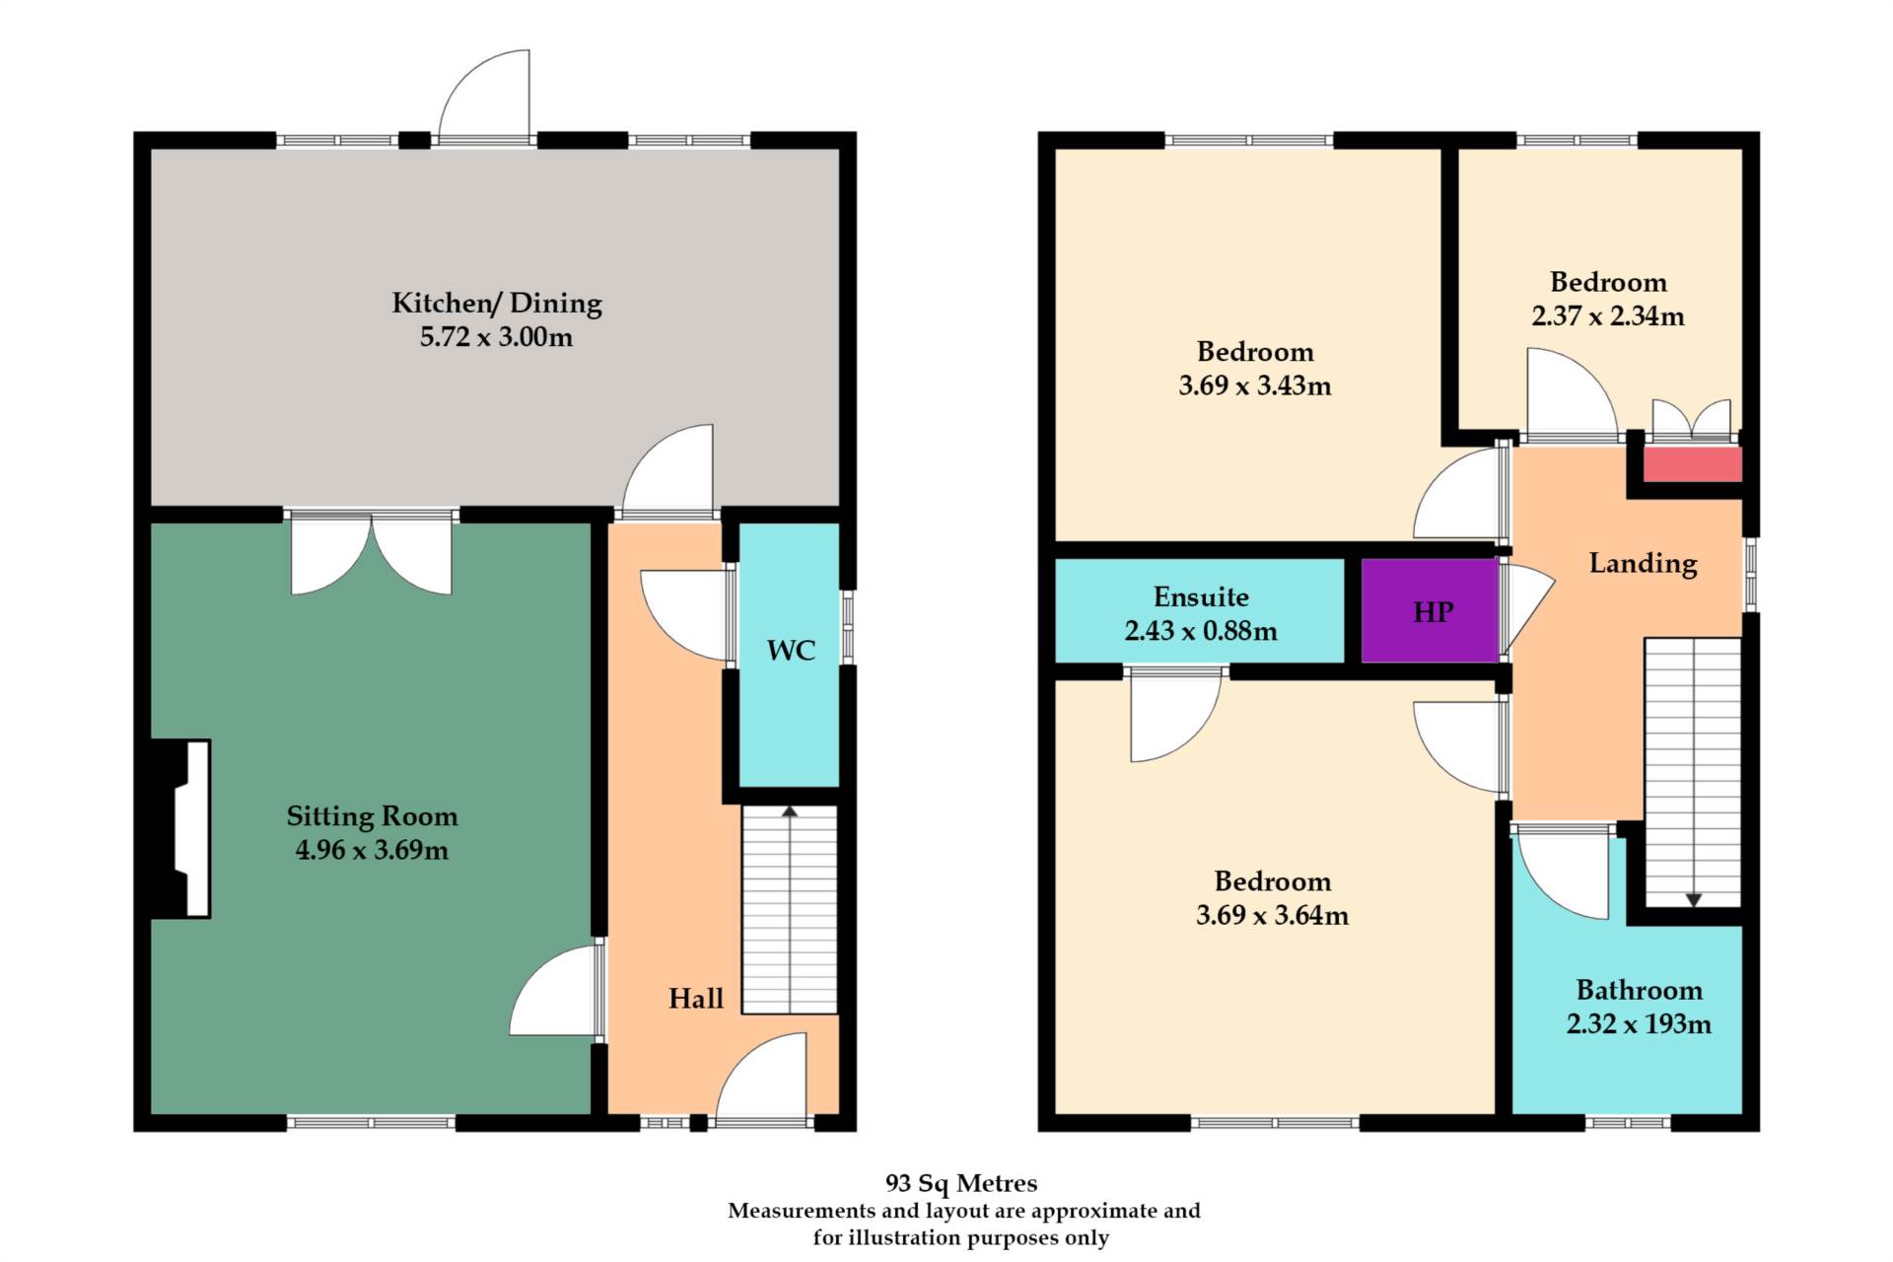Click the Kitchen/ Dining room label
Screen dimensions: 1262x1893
click(x=497, y=303)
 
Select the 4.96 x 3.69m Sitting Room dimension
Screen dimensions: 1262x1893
click(x=372, y=850)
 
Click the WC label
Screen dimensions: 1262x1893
click(x=791, y=651)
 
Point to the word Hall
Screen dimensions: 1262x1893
click(x=696, y=999)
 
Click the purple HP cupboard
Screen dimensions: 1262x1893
click(x=1431, y=611)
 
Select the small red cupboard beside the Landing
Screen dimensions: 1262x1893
click(x=1692, y=464)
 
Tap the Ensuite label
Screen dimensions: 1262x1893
click(x=1201, y=596)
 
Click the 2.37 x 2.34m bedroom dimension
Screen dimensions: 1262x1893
click(x=1608, y=316)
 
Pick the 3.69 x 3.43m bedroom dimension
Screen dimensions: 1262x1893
click(x=1255, y=386)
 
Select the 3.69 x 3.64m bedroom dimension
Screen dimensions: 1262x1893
click(x=1272, y=915)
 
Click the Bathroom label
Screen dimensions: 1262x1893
click(x=1639, y=990)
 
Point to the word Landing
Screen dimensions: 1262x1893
click(x=1643, y=563)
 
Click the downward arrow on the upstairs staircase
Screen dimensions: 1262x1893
click(x=1693, y=899)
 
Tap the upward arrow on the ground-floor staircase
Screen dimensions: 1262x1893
click(x=790, y=811)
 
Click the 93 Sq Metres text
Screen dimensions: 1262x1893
click(x=961, y=1183)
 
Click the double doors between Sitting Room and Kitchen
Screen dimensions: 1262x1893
click(x=372, y=554)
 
